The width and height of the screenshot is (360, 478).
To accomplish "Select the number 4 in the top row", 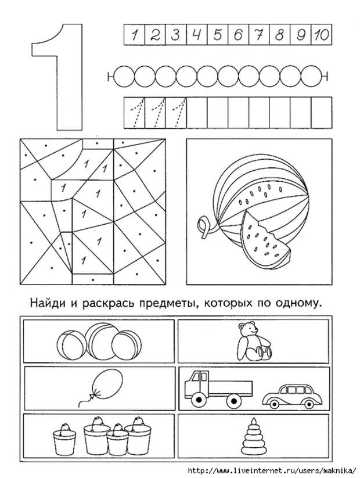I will click(x=196, y=34).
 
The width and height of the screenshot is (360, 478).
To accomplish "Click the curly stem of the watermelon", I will click(x=203, y=228).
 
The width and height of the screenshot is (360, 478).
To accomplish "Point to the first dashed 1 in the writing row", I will click(x=135, y=112).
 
